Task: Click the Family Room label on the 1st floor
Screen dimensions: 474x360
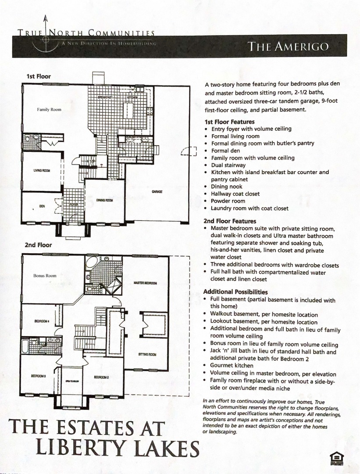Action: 49,110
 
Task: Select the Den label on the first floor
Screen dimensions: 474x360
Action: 42,206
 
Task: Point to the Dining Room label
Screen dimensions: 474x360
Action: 104,200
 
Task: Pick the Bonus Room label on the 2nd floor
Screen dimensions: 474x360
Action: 45,276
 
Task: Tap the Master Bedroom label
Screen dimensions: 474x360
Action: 145,283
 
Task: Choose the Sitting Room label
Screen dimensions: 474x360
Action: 147,354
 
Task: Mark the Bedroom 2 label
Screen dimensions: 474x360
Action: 102,377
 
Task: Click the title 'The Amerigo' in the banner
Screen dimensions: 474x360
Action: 288,47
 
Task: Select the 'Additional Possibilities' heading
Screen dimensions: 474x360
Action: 235,292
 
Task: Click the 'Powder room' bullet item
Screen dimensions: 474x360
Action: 228,201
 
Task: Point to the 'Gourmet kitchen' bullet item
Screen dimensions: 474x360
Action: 232,366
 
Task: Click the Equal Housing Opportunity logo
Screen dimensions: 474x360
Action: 336,458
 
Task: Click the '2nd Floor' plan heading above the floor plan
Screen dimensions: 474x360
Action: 38,245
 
